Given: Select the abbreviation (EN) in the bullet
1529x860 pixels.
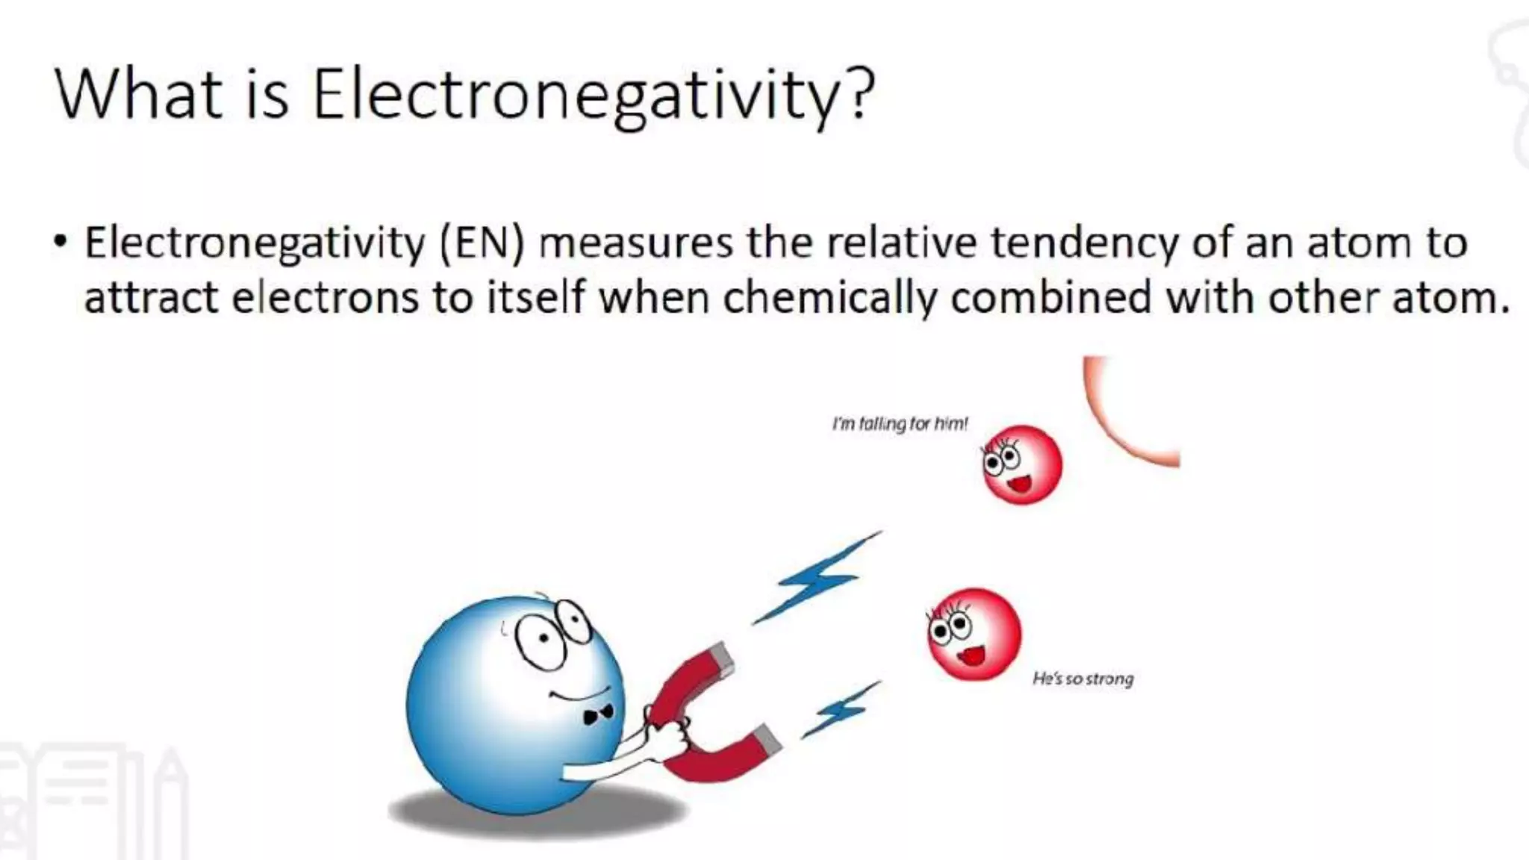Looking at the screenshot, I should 482,243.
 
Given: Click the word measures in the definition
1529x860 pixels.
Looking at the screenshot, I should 635,243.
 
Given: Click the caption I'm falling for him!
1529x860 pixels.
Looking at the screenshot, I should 900,424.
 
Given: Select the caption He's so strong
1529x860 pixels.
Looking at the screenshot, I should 1083,679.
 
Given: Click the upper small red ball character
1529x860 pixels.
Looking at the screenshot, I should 1021,465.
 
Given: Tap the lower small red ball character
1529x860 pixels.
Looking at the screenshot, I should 974,634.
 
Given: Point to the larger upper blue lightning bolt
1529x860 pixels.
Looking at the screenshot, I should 816,579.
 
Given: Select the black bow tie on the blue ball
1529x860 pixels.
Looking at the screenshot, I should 598,714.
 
